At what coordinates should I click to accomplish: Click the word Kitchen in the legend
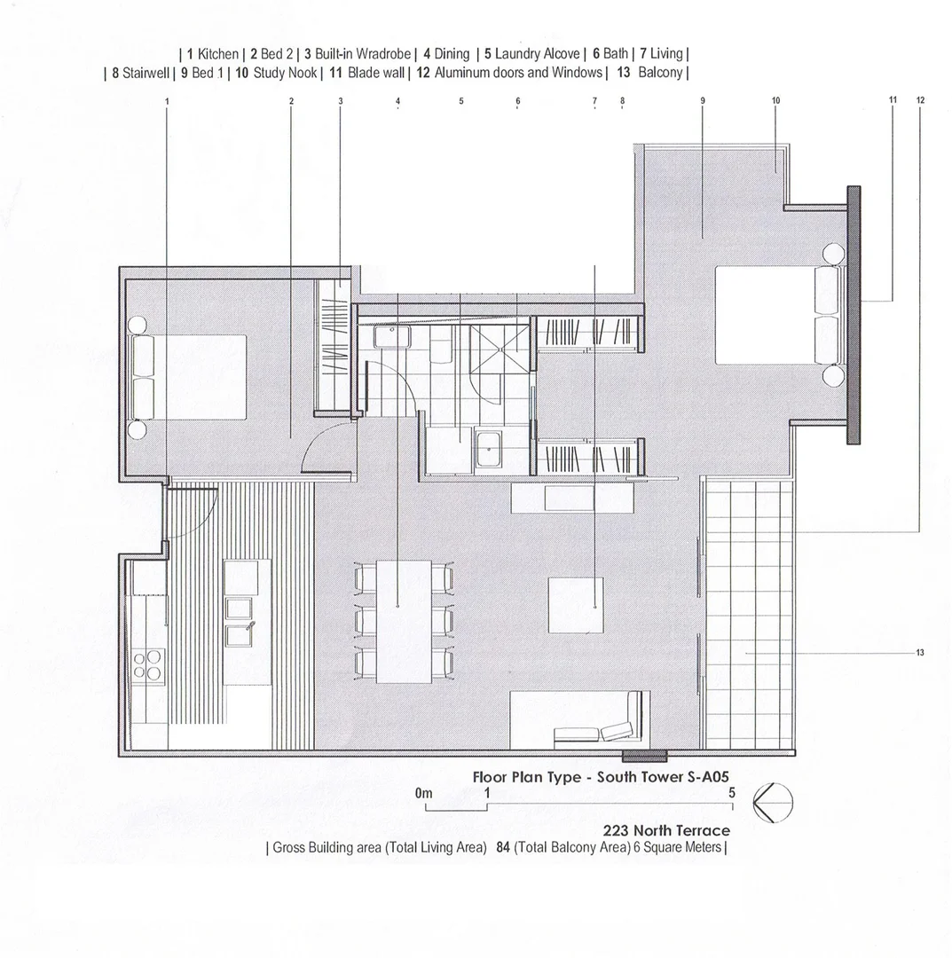(x=217, y=54)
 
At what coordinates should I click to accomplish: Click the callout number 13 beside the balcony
(x=919, y=653)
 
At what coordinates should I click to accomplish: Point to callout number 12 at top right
(x=920, y=100)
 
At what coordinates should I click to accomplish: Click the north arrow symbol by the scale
(x=770, y=805)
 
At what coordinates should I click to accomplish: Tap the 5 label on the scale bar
(x=732, y=793)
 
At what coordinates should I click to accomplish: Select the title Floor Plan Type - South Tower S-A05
(x=602, y=776)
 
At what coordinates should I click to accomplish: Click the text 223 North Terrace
(x=666, y=831)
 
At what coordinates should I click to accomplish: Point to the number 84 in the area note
(x=501, y=847)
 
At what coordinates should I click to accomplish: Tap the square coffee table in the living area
(x=576, y=605)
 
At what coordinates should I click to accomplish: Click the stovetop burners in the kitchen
(x=148, y=664)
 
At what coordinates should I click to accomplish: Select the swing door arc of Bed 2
(x=324, y=448)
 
